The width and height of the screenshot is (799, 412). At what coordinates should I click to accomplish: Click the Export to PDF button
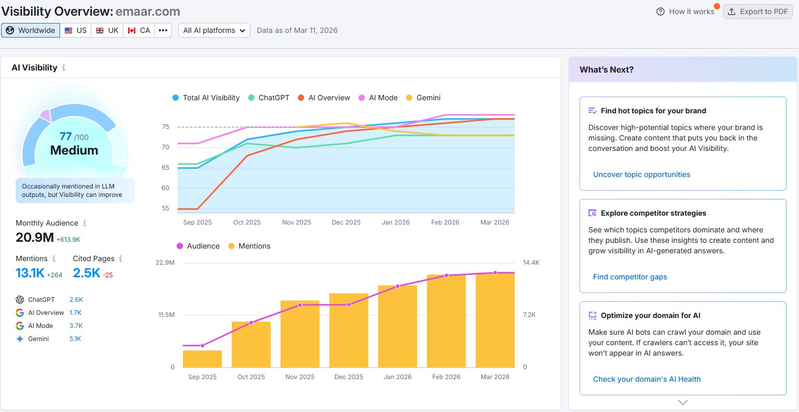tap(758, 11)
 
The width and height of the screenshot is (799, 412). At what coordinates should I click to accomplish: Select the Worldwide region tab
tap(31, 30)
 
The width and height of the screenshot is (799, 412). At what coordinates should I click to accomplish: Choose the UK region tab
tap(107, 30)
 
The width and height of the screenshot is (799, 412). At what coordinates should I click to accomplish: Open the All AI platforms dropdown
tap(214, 30)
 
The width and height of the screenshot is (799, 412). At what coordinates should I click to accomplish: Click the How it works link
tap(685, 11)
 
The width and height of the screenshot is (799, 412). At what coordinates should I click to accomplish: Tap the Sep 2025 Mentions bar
tap(202, 359)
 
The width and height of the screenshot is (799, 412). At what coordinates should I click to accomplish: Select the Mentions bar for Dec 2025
tap(349, 331)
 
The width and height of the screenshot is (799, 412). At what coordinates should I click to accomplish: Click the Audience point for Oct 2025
tap(251, 323)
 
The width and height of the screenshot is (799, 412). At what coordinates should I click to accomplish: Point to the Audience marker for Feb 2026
tap(446, 276)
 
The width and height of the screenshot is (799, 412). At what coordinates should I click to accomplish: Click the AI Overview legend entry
tap(324, 98)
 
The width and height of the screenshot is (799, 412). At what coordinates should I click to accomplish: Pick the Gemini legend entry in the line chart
tap(423, 98)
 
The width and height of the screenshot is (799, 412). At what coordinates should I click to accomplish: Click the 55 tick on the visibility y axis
tap(166, 208)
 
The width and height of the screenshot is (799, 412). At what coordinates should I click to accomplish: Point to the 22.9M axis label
tap(165, 263)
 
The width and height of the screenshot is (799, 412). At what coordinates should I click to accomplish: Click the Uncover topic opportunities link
tap(641, 174)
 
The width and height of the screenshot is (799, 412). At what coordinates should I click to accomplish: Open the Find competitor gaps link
tap(630, 277)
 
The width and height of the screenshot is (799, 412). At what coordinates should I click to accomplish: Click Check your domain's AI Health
tap(647, 379)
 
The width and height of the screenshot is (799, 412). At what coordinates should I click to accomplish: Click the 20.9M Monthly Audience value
tap(34, 238)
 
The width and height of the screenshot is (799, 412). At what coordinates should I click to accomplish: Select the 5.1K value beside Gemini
tap(75, 338)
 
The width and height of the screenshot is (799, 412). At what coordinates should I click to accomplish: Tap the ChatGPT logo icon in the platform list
tap(20, 299)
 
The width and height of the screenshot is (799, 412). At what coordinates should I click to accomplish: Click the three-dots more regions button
tap(163, 30)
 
